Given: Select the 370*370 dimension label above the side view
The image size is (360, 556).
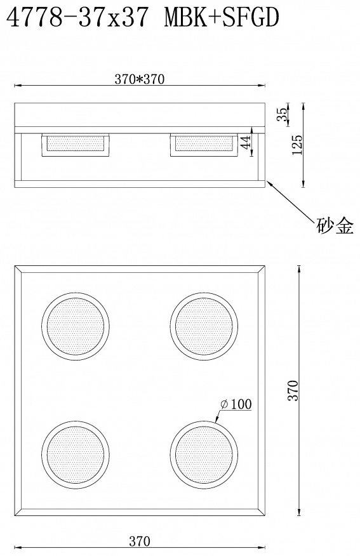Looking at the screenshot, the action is click(x=140, y=79).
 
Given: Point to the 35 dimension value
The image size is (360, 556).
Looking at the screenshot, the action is click(x=283, y=114).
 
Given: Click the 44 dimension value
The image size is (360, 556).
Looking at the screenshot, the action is click(x=246, y=142).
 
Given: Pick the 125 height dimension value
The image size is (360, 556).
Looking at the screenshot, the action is click(x=297, y=144).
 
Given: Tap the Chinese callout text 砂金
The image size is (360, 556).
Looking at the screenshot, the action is click(x=335, y=225).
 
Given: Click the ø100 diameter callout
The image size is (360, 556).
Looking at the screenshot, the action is click(x=236, y=404).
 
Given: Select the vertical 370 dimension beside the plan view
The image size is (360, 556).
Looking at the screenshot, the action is click(x=293, y=390).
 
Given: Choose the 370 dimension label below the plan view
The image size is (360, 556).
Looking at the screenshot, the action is click(x=140, y=541).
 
